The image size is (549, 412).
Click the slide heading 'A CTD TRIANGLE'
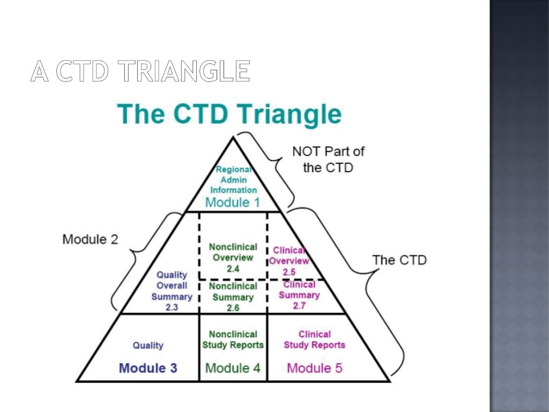pos(140,71)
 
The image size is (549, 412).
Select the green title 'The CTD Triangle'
pos(229,114)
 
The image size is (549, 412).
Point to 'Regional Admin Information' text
pos(233,180)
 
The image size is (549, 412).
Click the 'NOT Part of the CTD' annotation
pos(328,159)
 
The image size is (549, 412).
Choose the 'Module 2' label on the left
pos(90,239)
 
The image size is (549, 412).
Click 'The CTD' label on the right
pos(399,260)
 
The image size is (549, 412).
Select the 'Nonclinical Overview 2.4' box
pos(233,257)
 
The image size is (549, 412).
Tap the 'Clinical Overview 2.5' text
pos(289,261)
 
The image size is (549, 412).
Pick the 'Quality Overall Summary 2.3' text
pos(172,291)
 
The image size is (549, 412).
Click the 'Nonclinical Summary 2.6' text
pos(233,297)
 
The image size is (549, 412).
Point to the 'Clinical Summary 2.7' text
pos(299,295)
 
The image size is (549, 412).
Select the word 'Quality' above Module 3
pos(148,345)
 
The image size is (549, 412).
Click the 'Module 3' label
pos(148,368)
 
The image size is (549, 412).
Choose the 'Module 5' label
pos(315,368)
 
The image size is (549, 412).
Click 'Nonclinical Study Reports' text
pos(233,340)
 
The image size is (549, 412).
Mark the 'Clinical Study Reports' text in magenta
pos(315,340)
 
